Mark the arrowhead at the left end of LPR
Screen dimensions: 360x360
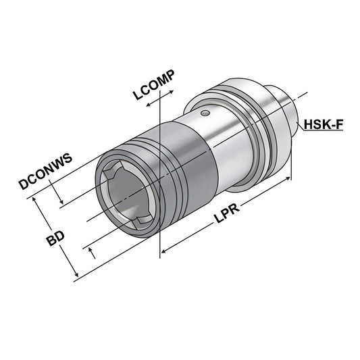click(x=164, y=253)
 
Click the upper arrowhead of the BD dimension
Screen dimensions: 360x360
click(x=37, y=201)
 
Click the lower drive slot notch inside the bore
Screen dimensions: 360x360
click(x=140, y=222)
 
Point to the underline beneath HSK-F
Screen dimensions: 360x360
click(x=323, y=132)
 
